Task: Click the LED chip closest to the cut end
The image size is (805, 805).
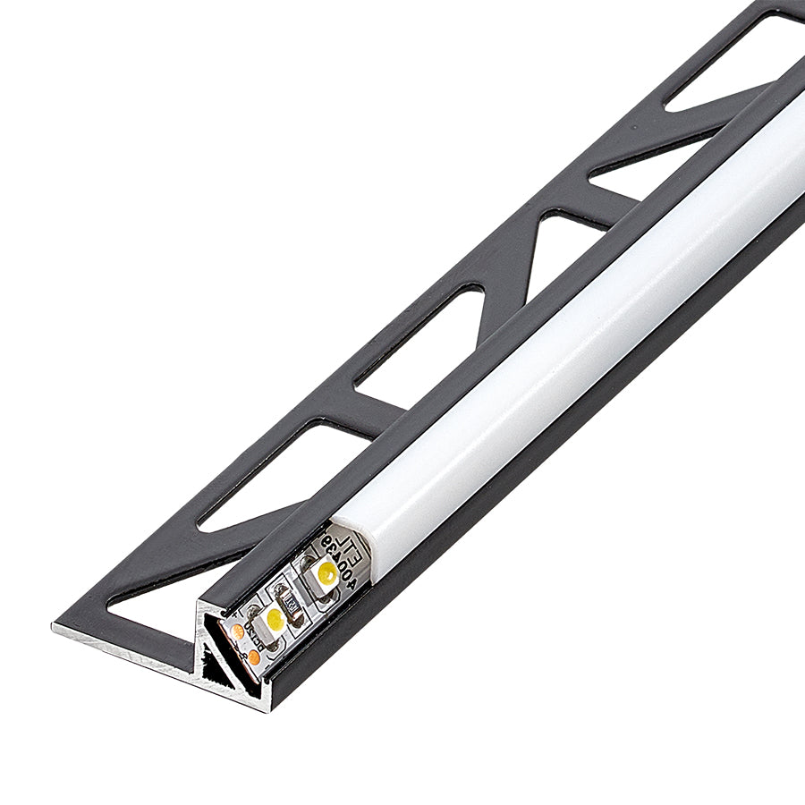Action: [275, 620]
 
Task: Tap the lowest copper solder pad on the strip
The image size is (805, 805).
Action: [254, 657]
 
